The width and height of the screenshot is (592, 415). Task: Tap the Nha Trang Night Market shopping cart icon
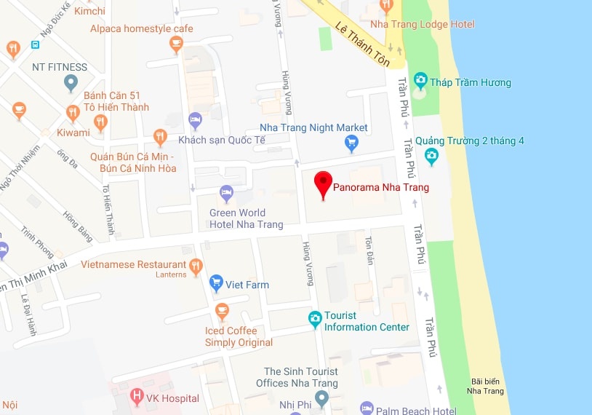click(352, 143)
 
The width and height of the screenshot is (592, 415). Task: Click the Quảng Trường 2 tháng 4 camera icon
click(431, 154)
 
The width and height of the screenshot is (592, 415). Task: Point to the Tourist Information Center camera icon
click(314, 318)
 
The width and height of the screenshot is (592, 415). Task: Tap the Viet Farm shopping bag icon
click(216, 282)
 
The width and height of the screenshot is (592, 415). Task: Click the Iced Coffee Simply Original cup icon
click(223, 312)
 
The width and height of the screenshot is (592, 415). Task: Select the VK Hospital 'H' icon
click(137, 398)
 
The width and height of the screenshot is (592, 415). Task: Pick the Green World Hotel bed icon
click(226, 193)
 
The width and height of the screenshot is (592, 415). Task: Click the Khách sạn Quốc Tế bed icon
click(195, 119)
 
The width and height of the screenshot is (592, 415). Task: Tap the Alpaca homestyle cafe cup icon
click(175, 44)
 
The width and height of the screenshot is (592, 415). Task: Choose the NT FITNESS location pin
click(70, 84)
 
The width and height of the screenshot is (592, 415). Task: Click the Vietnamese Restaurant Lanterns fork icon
click(195, 267)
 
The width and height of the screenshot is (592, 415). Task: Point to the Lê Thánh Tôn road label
click(362, 44)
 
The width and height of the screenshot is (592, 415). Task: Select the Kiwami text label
click(73, 133)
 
